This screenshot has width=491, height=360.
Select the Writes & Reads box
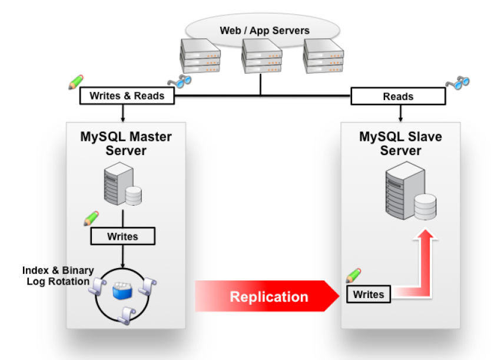(x=127, y=96)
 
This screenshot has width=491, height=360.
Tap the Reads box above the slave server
(x=398, y=96)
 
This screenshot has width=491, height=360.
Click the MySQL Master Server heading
(x=126, y=144)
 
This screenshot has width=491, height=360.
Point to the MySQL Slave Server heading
(x=400, y=144)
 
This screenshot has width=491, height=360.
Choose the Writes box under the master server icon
(x=122, y=236)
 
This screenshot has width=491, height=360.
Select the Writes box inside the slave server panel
(x=369, y=294)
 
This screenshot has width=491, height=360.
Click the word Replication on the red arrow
(x=268, y=296)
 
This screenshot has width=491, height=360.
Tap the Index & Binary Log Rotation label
(x=58, y=276)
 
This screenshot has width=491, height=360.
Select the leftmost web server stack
(x=200, y=56)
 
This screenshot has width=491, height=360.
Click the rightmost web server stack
(x=323, y=56)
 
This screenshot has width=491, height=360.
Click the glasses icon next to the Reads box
(x=457, y=82)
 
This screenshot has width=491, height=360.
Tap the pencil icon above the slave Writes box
(x=353, y=275)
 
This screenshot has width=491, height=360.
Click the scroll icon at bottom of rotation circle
(x=124, y=314)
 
